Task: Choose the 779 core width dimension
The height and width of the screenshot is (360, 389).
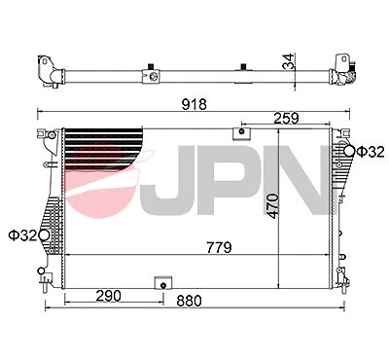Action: pyautogui.click(x=218, y=247)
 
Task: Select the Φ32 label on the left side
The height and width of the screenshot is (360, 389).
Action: pyautogui.click(x=21, y=234)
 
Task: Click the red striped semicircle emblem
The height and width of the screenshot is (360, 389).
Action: pyautogui.click(x=107, y=175)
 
